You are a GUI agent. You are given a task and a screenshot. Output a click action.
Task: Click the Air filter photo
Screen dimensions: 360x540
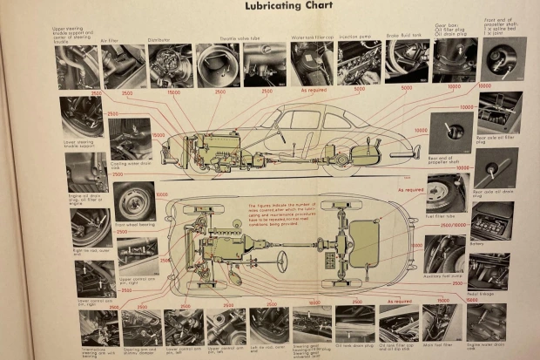125,66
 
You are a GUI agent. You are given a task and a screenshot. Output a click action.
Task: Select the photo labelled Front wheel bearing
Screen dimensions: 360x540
134,202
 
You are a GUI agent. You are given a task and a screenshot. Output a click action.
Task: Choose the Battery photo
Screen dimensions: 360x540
492,221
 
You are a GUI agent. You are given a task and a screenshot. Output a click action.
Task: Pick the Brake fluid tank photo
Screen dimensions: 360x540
408,61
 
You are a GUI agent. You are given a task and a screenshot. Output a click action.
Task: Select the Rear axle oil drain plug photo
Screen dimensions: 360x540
496,169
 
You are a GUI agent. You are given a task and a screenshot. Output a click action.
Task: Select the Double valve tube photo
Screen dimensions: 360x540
218,65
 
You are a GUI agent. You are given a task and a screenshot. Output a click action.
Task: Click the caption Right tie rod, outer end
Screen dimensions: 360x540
90,250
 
